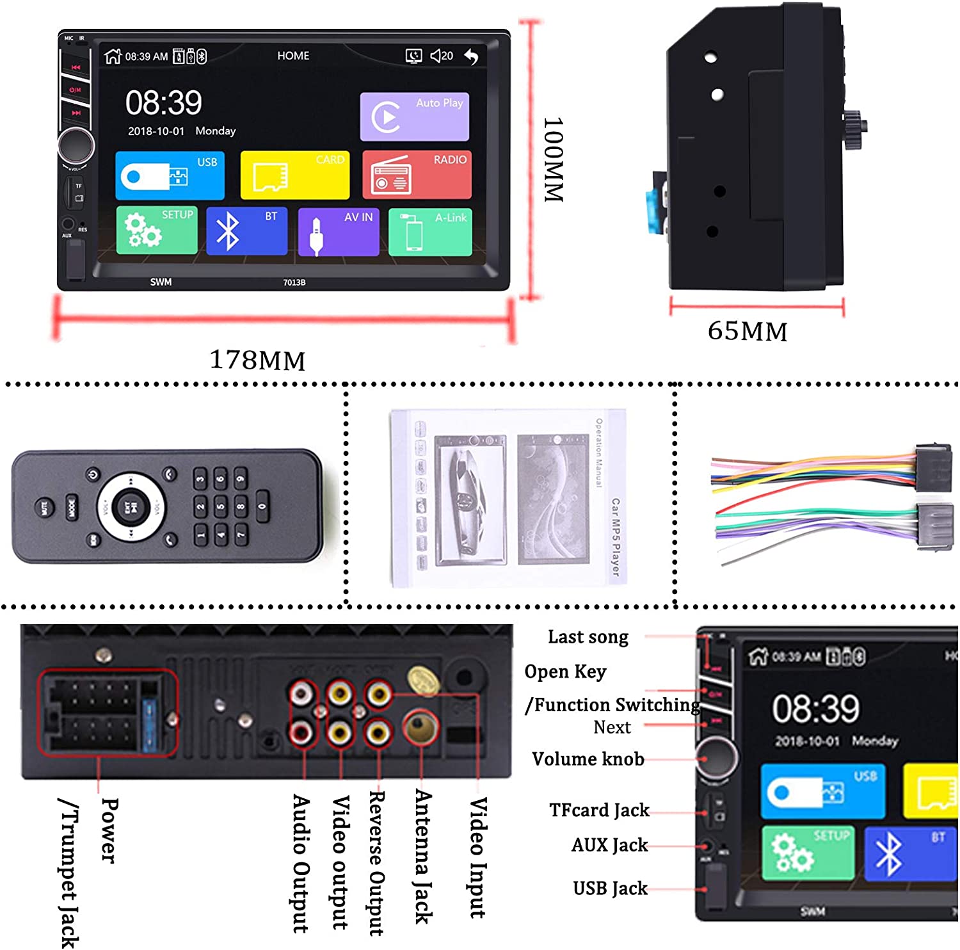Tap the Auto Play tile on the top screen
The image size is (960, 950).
point(414,117)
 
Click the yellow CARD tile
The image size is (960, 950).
point(294,175)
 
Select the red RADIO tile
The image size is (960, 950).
point(417,175)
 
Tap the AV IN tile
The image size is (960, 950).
point(338,232)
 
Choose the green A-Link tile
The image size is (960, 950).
point(430,232)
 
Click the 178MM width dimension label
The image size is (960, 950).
point(257,360)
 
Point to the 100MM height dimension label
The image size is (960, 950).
point(553,159)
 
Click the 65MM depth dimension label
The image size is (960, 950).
point(748,332)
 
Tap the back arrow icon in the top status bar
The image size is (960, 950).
point(471,56)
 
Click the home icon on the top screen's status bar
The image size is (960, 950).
point(113,56)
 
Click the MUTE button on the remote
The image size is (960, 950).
point(44,508)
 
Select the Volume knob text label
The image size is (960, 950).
point(588,759)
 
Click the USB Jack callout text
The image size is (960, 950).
point(610,889)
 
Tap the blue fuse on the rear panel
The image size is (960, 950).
point(150,725)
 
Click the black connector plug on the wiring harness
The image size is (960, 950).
point(933,467)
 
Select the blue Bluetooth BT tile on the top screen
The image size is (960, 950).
point(246,232)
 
